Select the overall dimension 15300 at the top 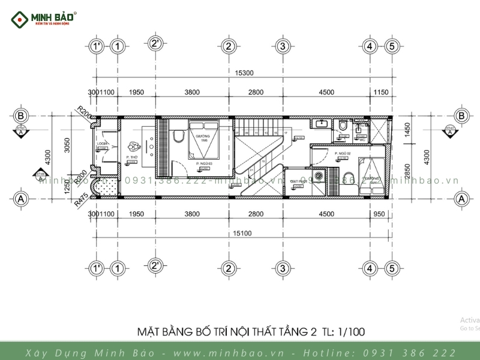tap(244, 73)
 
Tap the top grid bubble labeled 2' tap(155, 43)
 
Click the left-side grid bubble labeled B tap(21, 116)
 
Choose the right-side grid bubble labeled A tap(462, 198)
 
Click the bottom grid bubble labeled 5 tap(392, 268)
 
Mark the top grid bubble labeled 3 tap(283, 46)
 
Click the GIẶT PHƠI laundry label tap(299, 181)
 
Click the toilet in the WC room tap(343, 127)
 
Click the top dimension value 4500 tap(326, 92)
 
